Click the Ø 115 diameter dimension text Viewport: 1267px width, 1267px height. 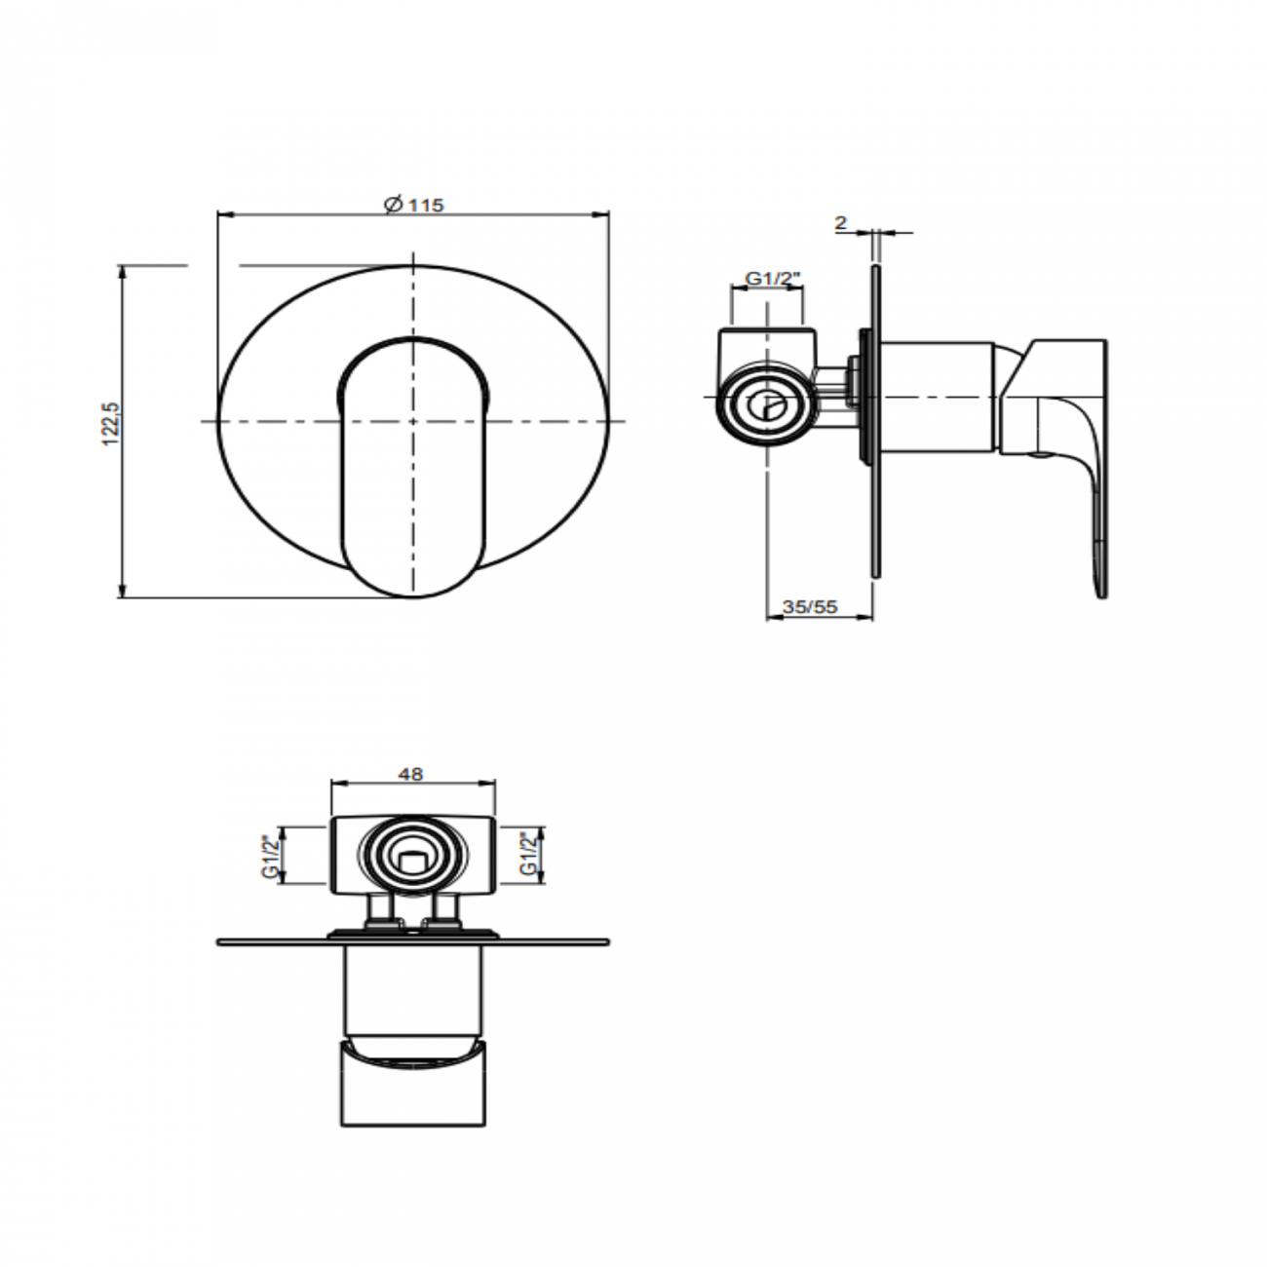414,205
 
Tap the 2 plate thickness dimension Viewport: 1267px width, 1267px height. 840,223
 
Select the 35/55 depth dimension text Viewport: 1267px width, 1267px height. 810,606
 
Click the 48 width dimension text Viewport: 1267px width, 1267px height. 411,774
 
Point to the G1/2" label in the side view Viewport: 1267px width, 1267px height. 772,279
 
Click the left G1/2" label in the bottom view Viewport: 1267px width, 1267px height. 270,857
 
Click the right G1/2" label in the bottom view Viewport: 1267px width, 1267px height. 527,855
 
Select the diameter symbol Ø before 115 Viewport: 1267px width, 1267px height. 392,205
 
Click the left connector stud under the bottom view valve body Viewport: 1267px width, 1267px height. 377,911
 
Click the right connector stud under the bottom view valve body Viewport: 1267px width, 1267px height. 446,911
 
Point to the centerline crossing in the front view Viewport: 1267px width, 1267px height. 413,421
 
